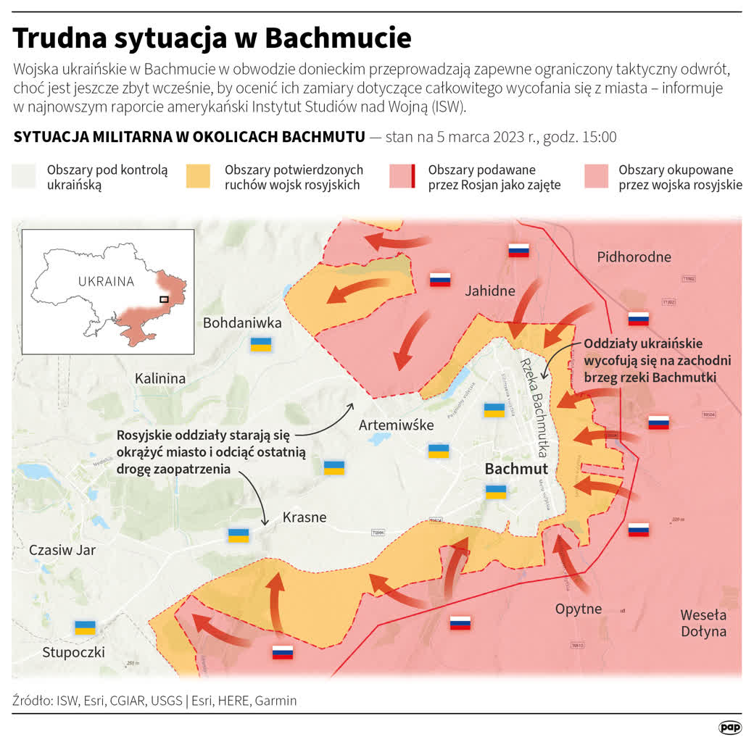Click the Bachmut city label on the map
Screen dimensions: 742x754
(x=516, y=469)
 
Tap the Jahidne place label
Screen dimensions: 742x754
(x=489, y=291)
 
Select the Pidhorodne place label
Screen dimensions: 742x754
(x=634, y=257)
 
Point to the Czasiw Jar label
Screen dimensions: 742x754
(x=62, y=550)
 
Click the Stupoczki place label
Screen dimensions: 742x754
(x=73, y=652)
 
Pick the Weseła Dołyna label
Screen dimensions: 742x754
(x=703, y=622)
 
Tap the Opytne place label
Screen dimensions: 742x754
(x=579, y=608)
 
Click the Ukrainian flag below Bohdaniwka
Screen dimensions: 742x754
(x=261, y=344)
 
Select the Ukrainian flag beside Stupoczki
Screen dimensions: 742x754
(x=86, y=628)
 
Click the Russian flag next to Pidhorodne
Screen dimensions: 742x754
(x=638, y=318)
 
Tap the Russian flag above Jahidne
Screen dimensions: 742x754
(x=518, y=251)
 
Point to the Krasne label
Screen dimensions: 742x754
(x=304, y=517)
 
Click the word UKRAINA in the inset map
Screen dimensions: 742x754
(x=107, y=282)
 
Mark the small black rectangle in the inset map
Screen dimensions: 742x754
(x=165, y=299)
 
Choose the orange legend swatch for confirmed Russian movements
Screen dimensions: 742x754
(x=198, y=177)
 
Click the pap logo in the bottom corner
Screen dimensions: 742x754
(x=729, y=727)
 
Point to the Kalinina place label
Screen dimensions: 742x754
(x=160, y=378)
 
